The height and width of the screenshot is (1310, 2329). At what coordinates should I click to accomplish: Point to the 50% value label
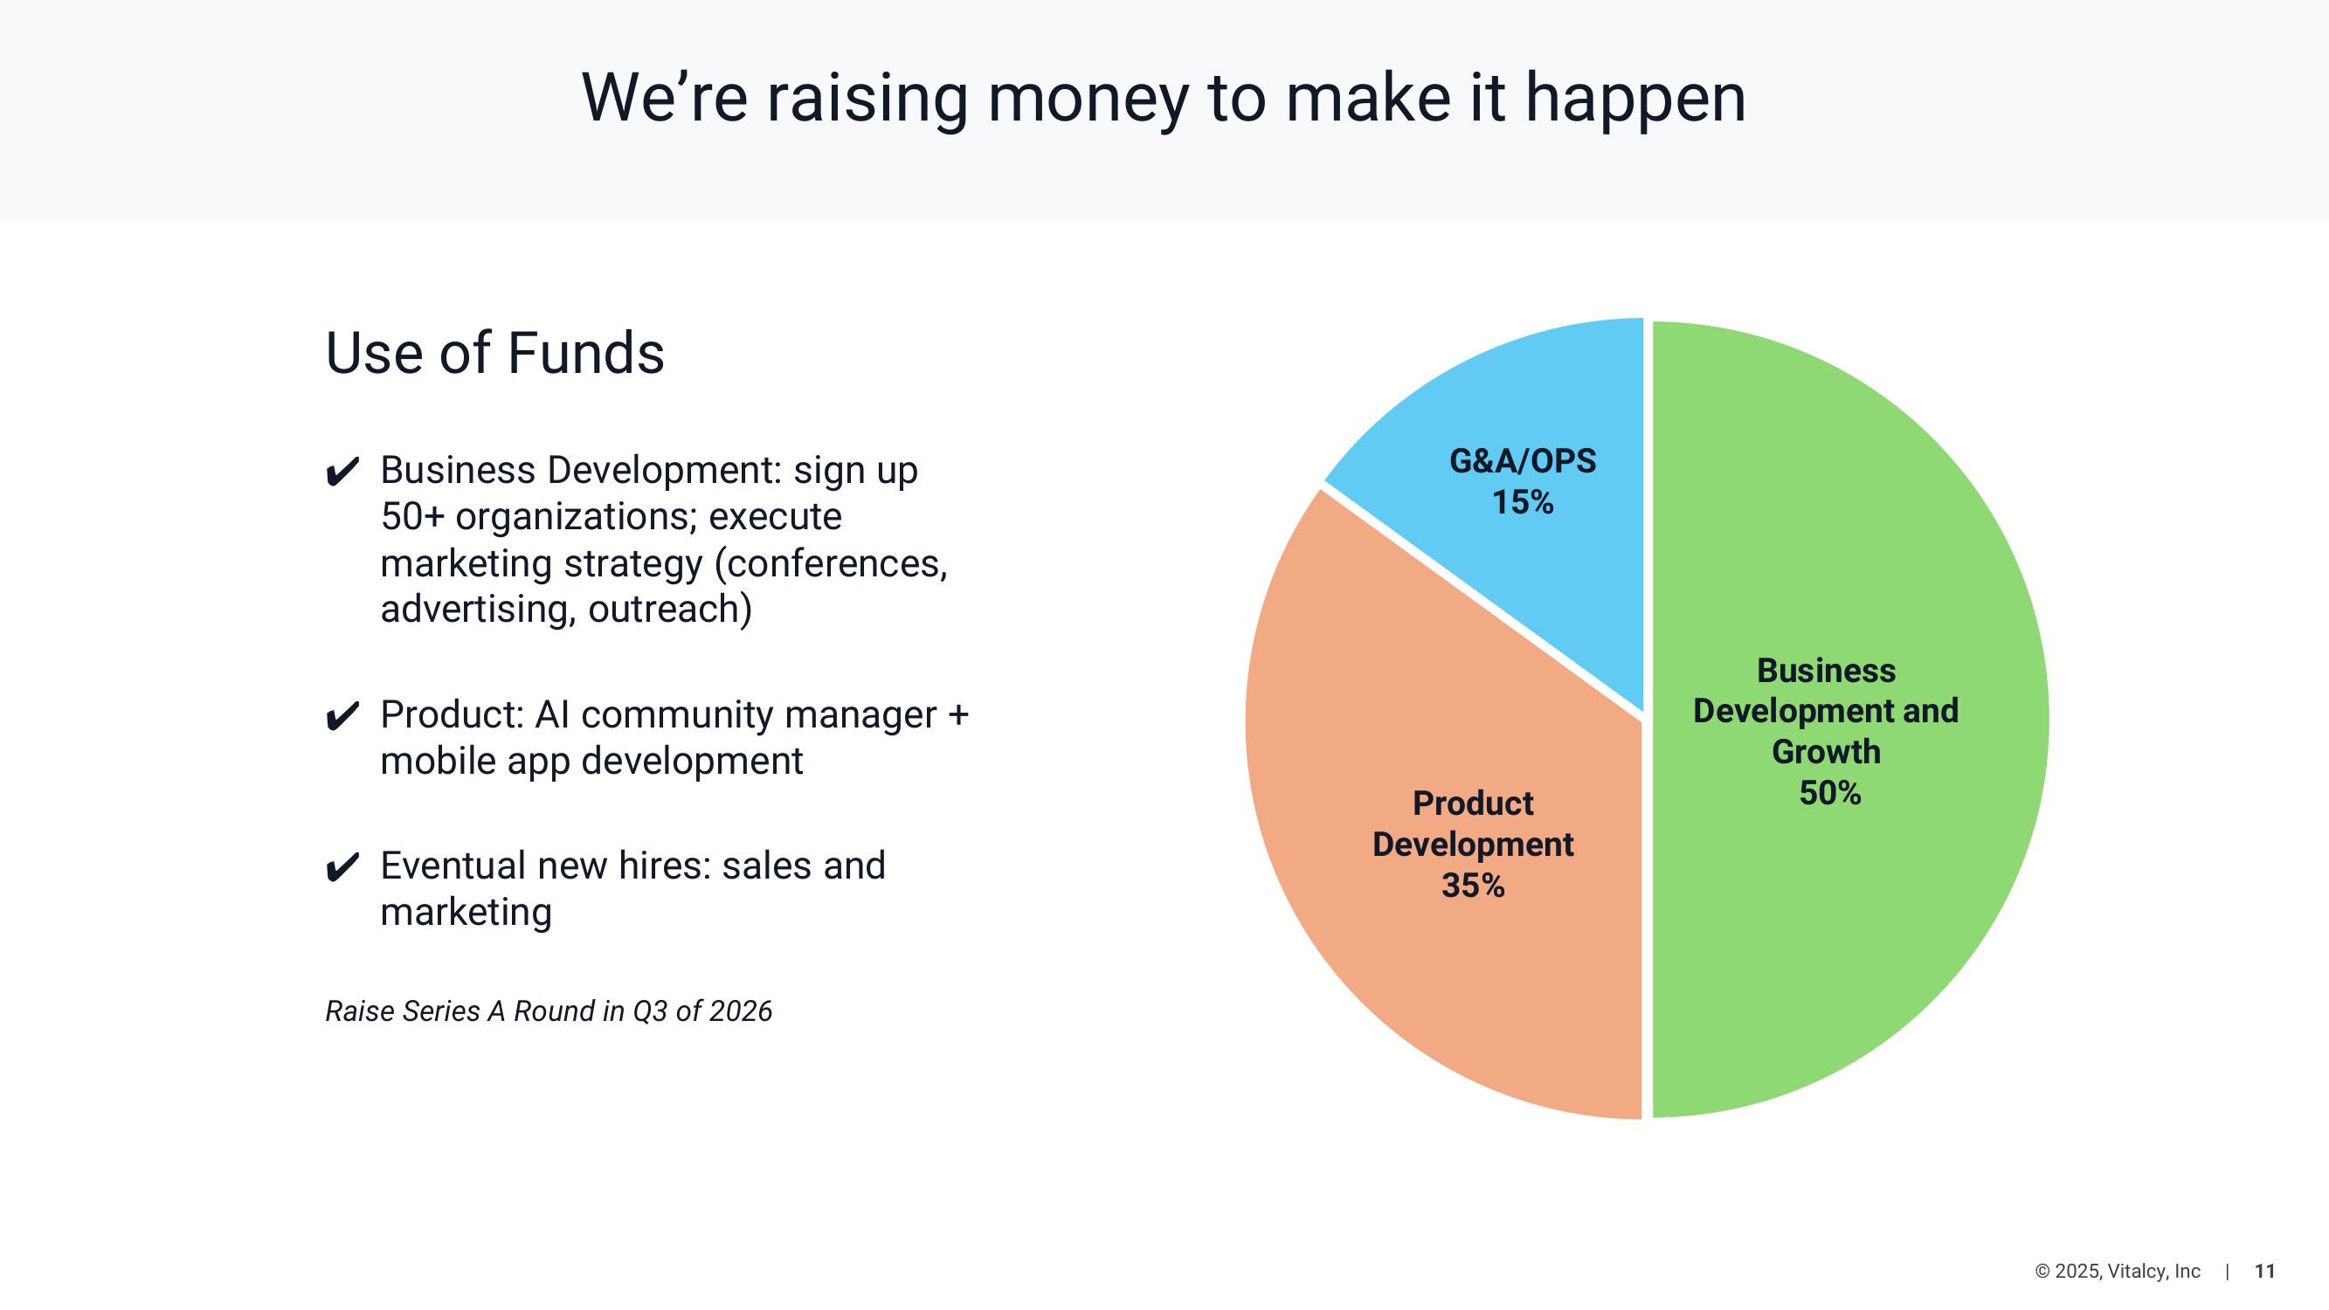coord(1830,793)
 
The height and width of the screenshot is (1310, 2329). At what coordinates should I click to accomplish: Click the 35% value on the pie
coord(1473,885)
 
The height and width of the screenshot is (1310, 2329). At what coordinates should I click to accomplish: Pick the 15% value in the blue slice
coord(1523,502)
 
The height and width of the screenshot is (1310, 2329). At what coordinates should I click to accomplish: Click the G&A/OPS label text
coord(1523,461)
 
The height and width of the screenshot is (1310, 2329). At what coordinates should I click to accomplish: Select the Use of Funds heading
coord(494,352)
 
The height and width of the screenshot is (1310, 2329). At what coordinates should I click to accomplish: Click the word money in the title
coord(1088,100)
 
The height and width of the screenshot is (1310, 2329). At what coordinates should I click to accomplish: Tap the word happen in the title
coord(1635,100)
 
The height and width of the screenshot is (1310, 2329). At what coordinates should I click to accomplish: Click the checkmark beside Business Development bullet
coord(342,472)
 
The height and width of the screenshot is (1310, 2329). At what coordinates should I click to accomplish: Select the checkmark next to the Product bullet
coord(342,716)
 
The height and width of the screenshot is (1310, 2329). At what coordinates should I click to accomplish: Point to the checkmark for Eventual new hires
coord(342,867)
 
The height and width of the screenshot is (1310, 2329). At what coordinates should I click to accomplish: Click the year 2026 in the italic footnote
coord(741,1010)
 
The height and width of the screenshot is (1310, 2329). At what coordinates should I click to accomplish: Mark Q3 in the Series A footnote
coord(649,1010)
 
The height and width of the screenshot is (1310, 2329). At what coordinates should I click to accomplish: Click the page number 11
coord(2265,1271)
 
